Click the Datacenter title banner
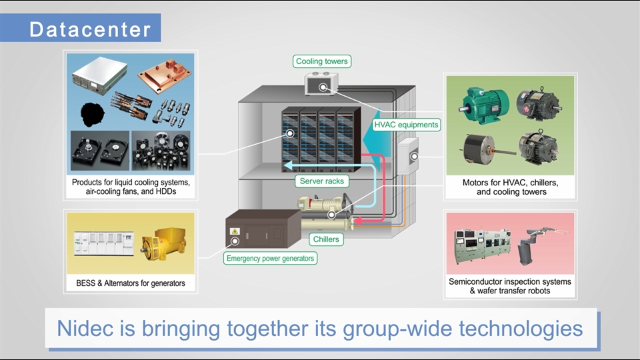pos(90,30)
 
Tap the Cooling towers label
pos(322,61)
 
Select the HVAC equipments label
pos(406,124)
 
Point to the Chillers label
pos(326,239)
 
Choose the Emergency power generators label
pos(270,258)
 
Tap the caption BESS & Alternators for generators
pos(130,283)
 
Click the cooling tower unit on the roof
pos(322,86)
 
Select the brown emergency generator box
pos(263,231)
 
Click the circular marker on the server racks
pos(290,134)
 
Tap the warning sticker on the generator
pos(235,231)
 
